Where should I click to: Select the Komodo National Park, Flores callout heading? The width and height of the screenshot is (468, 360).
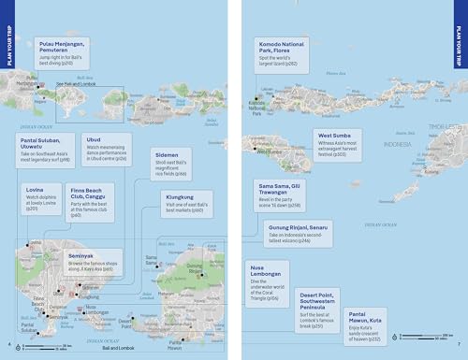pos(288,47)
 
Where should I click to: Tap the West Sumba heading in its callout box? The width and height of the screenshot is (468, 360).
pos(335,136)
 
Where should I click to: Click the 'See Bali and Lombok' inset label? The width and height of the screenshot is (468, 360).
pos(77,84)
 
